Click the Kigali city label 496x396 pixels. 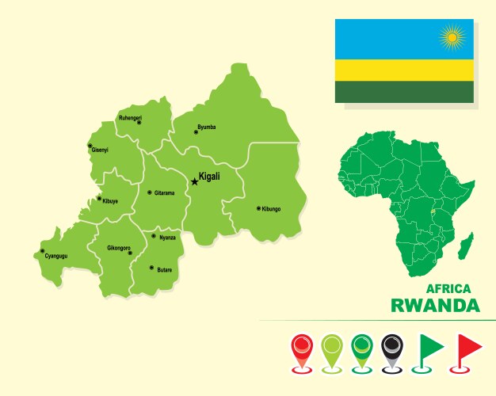(209, 177)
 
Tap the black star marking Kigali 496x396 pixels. (194, 181)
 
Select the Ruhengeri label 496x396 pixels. (130, 117)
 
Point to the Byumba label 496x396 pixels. (206, 127)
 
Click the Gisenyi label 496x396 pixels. (100, 150)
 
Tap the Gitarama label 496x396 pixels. (164, 192)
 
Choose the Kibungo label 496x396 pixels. (271, 209)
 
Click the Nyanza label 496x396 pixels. (167, 237)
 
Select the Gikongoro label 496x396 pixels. (119, 248)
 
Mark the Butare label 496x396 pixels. (164, 270)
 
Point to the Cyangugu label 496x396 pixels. (56, 257)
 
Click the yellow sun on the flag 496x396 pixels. (453, 36)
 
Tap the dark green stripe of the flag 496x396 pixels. (404, 92)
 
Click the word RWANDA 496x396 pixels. (435, 306)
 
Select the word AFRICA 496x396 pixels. (448, 289)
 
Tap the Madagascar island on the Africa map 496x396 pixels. (466, 246)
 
